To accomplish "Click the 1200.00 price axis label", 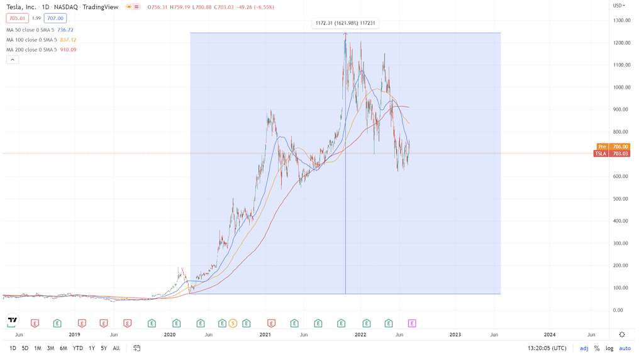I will click(x=621, y=43).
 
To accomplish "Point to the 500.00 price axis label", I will click(x=621, y=199).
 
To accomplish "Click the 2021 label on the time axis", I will click(x=265, y=335).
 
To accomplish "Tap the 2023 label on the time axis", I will click(x=454, y=335).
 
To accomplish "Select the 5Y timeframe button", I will click(x=104, y=348).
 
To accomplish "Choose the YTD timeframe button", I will click(x=77, y=348).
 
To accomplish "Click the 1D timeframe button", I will click(x=13, y=348).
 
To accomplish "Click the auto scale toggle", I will click(x=625, y=348).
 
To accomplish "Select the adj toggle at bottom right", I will click(x=584, y=348).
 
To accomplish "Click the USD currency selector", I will click(x=619, y=6).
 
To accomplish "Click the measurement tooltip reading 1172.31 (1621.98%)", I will click(x=345, y=24).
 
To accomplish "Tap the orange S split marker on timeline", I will click(x=233, y=323).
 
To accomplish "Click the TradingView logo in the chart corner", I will click(x=12, y=320).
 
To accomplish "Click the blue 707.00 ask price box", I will click(x=55, y=19).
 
